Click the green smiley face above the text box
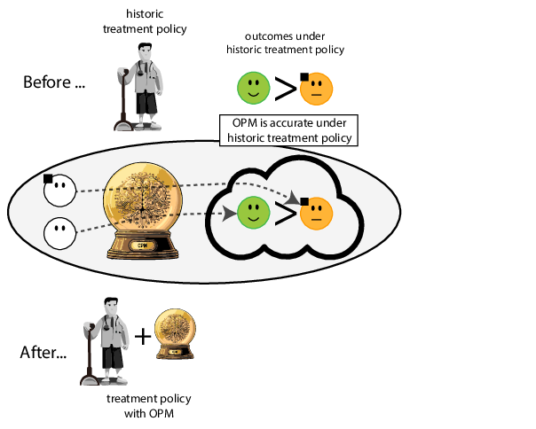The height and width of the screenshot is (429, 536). point(253,88)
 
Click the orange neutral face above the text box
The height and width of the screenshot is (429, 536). point(316,88)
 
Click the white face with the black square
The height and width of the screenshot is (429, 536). point(59,189)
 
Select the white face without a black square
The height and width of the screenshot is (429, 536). point(59,233)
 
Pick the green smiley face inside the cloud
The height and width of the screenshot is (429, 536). point(253,213)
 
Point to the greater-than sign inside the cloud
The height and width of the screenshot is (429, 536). point(285,214)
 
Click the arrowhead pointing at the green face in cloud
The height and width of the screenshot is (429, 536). point(230,213)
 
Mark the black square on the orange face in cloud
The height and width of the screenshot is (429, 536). point(304,201)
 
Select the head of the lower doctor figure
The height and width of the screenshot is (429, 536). point(109,309)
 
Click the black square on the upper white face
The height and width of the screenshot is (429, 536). point(48,178)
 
